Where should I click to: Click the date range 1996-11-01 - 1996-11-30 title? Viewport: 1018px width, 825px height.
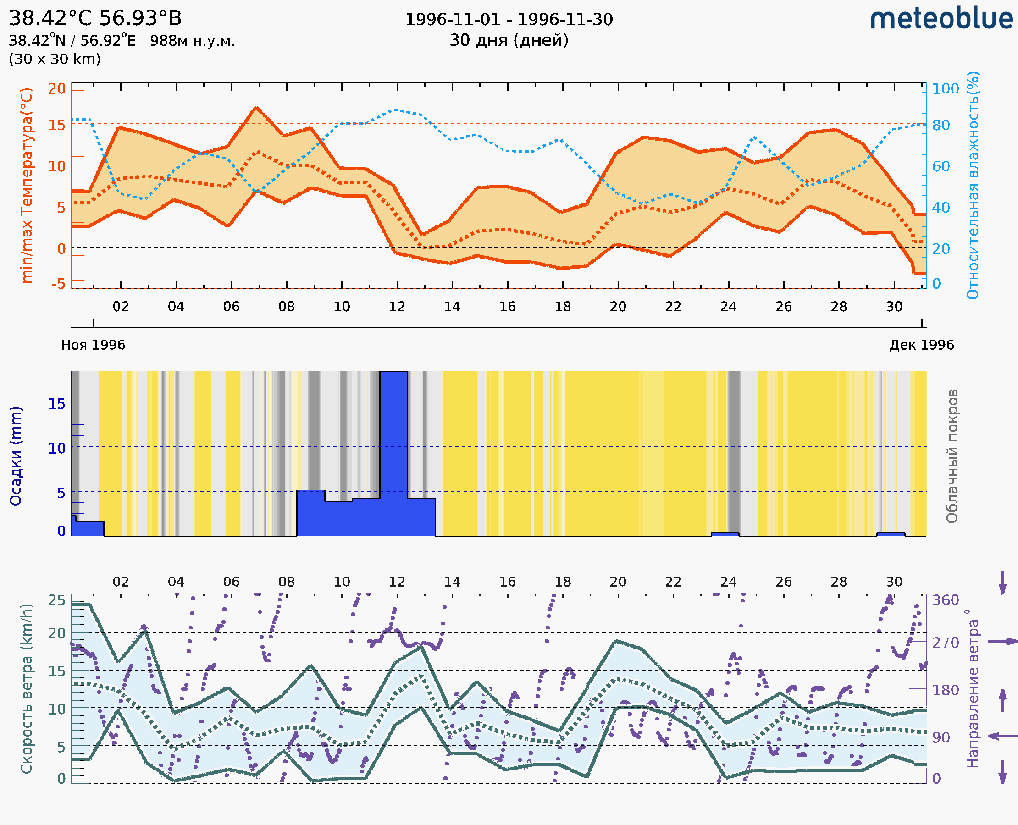point(508,20)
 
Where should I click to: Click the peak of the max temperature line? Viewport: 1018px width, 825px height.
point(256,108)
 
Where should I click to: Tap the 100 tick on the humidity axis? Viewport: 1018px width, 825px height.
point(945,89)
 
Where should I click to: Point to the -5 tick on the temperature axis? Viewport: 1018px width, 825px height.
point(59,284)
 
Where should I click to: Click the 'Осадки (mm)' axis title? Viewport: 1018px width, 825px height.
point(16,456)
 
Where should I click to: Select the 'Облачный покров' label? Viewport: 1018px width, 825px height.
point(952,456)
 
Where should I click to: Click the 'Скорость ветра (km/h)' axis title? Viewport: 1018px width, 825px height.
point(27,688)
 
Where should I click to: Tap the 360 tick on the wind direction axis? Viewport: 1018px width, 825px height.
point(945,600)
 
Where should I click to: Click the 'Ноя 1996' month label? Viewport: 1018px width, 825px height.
point(93,345)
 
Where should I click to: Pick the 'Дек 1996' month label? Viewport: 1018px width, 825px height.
point(922,345)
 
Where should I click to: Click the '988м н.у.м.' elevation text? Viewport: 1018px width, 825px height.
point(192,41)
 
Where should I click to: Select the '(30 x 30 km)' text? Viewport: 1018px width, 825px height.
point(55,60)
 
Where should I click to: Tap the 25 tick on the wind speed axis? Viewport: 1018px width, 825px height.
point(56,600)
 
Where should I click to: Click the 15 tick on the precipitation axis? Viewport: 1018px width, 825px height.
point(56,404)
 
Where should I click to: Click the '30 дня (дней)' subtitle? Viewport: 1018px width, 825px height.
point(508,40)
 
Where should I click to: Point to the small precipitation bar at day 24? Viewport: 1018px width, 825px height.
point(725,534)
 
